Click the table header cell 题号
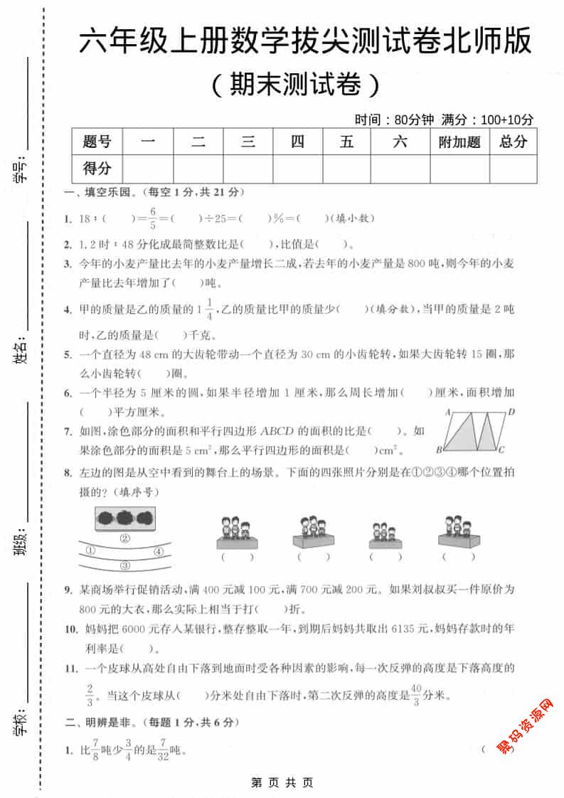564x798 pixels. [x=97, y=142]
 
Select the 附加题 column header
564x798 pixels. [x=459, y=142]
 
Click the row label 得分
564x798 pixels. [x=97, y=169]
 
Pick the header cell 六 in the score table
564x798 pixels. [x=400, y=142]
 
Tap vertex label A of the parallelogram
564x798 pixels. [x=449, y=412]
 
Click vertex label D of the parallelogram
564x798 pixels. [x=511, y=412]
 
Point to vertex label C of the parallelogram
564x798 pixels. [x=501, y=449]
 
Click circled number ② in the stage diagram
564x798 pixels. [x=125, y=538]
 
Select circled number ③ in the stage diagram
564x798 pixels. [x=125, y=566]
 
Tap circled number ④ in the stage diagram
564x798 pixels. [x=159, y=551]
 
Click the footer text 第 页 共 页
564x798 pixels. [x=282, y=782]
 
